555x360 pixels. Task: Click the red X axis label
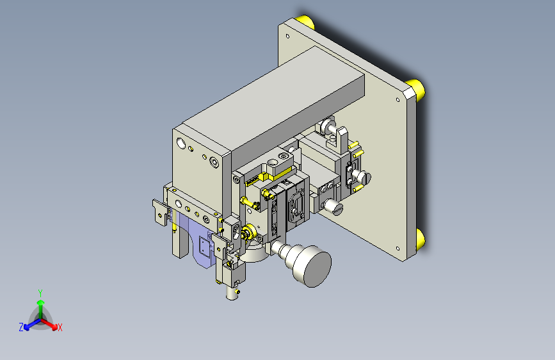click(x=60, y=328)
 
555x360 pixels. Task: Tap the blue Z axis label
click(x=21, y=327)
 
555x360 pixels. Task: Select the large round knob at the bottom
click(x=312, y=265)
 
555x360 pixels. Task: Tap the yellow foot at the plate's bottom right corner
click(x=420, y=238)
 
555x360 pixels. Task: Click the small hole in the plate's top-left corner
click(x=287, y=36)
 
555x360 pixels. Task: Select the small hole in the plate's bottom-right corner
click(x=398, y=249)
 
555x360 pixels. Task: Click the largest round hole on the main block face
click(x=181, y=143)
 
